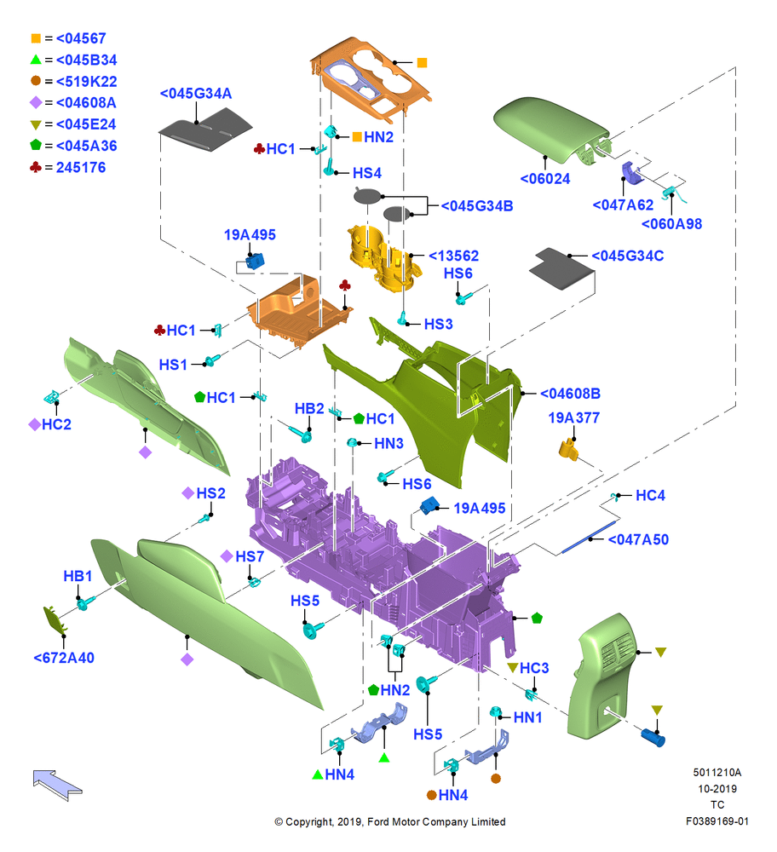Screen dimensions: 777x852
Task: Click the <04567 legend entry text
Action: coord(81,38)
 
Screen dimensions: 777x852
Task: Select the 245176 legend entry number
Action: coord(81,167)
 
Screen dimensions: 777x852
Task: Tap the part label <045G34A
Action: coord(196,94)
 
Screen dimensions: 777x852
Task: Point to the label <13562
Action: coord(454,256)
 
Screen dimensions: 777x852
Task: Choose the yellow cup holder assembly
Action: coord(384,257)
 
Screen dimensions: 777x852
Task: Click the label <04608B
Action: coord(570,394)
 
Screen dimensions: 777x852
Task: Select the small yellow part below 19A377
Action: coord(568,450)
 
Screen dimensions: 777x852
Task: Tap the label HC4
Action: coord(650,496)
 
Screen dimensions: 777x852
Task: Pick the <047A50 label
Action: coord(638,539)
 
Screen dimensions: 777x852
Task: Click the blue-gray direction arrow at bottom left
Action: coord(57,784)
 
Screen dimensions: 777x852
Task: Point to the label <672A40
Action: coord(64,658)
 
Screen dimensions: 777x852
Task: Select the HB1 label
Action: coord(78,576)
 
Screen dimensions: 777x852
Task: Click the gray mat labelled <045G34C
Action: coord(561,268)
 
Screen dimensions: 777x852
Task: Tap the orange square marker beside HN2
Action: coord(357,137)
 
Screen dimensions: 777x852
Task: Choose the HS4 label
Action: coord(367,173)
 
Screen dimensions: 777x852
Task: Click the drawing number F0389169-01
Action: coord(717,821)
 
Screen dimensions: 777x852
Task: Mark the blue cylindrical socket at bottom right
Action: coord(653,737)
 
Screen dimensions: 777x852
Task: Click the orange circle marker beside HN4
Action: coord(431,795)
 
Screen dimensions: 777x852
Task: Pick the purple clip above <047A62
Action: coord(630,173)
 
